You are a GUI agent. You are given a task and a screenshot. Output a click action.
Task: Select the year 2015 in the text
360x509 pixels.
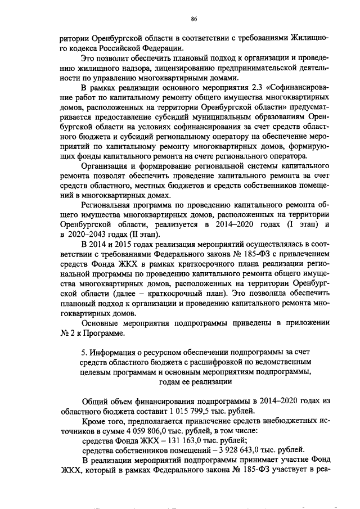click(x=131, y=244)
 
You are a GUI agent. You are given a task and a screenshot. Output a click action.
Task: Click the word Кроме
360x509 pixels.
click(x=94, y=421)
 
